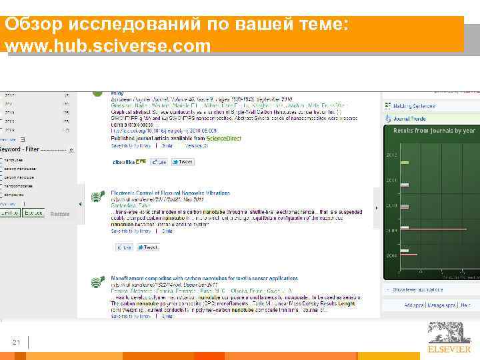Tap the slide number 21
pos(17,343)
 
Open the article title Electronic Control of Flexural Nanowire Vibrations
pos(171,193)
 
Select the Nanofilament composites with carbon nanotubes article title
pos(204,278)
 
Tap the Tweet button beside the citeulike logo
pos(182,162)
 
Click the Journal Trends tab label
pos(414,119)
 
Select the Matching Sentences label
pos(414,106)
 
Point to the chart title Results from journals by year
pos(434,131)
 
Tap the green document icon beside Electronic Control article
pos(97,196)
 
